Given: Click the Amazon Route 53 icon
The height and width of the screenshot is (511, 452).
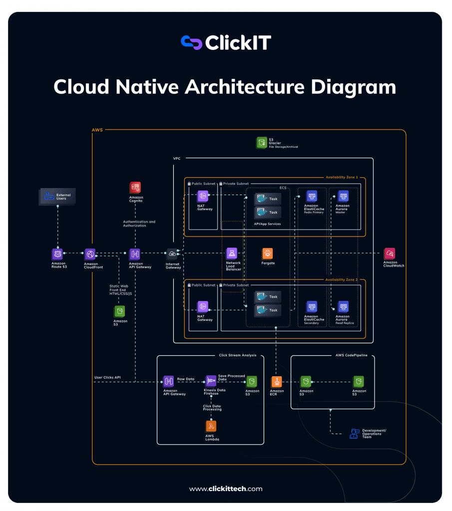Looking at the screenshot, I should point(57,254).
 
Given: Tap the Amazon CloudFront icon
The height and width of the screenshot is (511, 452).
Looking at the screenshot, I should point(90,254).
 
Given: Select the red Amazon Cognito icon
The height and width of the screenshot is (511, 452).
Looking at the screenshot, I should point(135,187).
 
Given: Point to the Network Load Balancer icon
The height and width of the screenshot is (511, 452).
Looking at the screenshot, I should point(231,253).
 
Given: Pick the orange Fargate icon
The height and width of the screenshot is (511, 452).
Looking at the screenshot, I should point(268,253).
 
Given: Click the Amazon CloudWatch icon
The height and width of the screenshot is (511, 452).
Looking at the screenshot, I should point(390,253).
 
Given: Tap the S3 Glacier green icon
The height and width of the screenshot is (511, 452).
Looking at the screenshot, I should point(262,143).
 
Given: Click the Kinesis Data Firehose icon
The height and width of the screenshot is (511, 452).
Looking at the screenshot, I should point(211,381).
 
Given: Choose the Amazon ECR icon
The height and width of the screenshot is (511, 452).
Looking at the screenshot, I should point(277,381).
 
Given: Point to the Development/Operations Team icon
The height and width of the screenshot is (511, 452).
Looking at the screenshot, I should point(355,433).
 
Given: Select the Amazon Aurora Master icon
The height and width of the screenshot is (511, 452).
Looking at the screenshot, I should point(343,196).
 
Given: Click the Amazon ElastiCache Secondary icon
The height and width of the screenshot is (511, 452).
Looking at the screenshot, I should point(312,306).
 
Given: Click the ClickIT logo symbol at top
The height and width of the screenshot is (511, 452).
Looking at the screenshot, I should point(191,42).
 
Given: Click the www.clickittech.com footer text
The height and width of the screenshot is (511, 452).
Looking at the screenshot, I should point(226,489).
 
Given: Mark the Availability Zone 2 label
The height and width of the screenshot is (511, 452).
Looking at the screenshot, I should point(342,280).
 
